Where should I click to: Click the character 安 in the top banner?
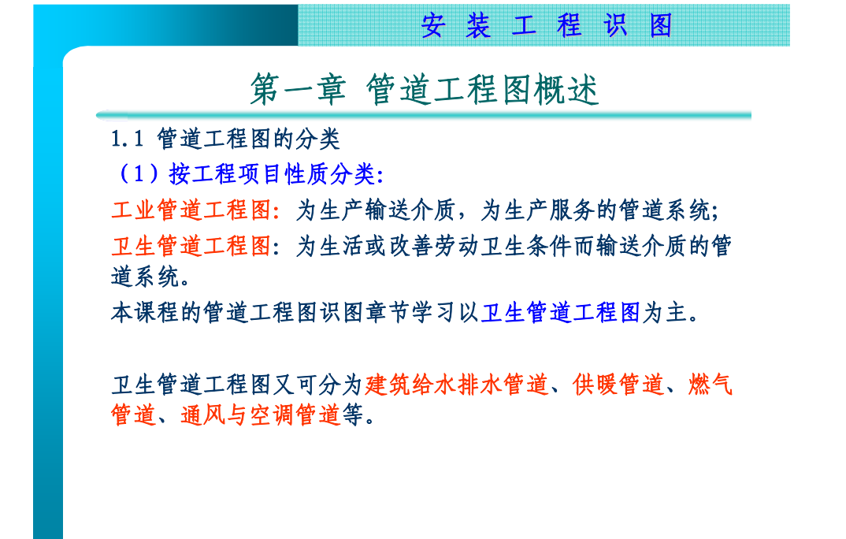(x=433, y=25)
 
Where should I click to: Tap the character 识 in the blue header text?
(x=615, y=25)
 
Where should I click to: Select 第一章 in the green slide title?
(x=297, y=89)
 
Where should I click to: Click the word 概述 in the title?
(x=566, y=89)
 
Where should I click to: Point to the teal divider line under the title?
(x=424, y=115)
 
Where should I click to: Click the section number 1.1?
(x=128, y=139)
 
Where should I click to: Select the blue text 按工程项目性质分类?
(x=272, y=173)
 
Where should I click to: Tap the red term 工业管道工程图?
(x=191, y=210)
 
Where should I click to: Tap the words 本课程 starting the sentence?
(x=145, y=312)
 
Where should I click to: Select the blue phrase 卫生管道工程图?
(x=560, y=312)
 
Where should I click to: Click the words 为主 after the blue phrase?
(x=664, y=312)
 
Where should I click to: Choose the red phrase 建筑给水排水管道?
(x=456, y=385)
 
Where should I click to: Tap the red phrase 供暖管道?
(x=618, y=385)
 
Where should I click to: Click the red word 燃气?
(x=710, y=385)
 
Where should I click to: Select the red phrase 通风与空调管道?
(x=261, y=415)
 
